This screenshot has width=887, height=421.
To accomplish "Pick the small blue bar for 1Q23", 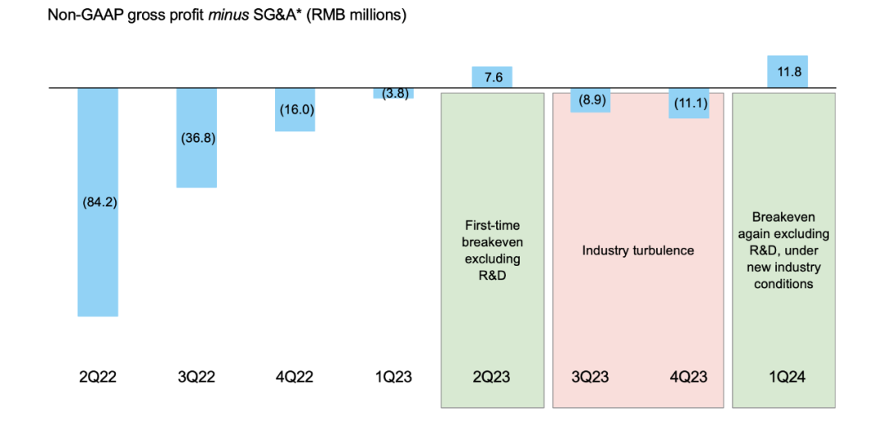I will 393,93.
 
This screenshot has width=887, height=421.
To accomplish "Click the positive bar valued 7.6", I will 493,78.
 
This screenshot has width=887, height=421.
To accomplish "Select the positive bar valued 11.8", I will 787,71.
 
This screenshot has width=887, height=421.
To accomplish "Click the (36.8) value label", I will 197,138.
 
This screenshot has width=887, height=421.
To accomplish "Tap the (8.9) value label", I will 591,100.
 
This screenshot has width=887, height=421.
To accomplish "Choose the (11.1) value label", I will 688,103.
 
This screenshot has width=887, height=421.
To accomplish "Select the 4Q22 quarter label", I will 295,378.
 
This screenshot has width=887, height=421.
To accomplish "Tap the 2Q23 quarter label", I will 492,378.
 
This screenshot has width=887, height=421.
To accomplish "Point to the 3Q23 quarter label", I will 590,378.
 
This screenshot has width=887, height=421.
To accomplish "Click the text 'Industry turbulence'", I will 638,250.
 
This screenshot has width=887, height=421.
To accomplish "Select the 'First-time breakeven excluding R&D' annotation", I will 492,249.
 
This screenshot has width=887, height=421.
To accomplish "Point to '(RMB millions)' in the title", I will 358,16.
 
